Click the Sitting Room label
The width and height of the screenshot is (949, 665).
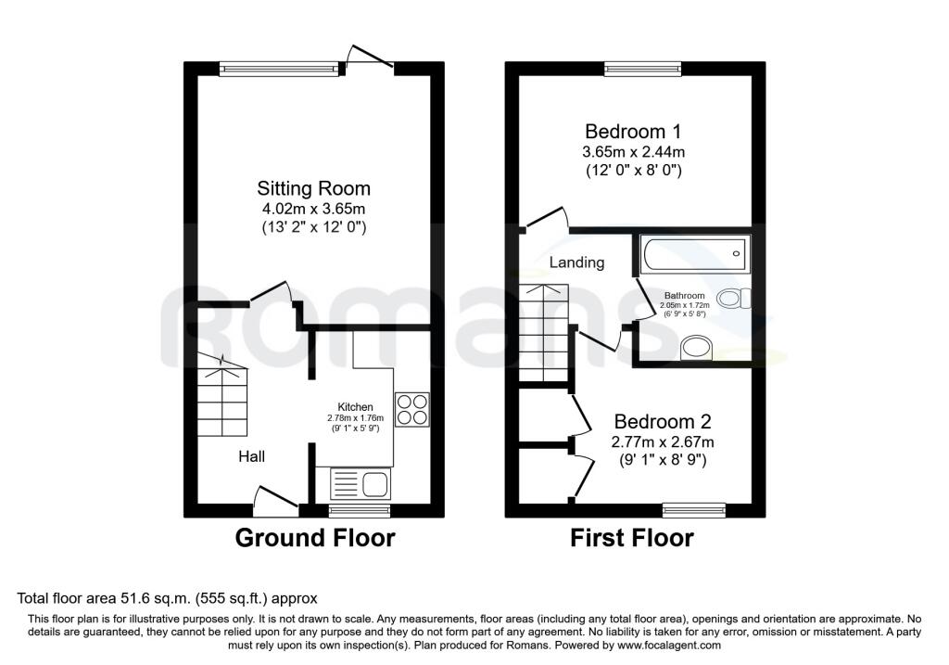coord(301,189)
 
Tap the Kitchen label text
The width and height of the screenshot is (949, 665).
coord(355,407)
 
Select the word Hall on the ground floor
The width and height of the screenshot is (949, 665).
coord(252,456)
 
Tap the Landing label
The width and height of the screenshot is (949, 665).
coord(576,262)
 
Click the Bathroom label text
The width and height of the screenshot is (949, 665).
coord(684,296)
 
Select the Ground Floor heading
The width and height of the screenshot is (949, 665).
coord(314,538)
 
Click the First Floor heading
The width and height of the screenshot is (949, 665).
coord(631,538)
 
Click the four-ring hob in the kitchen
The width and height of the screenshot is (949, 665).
coord(413,409)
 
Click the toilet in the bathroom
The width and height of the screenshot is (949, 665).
coord(736,299)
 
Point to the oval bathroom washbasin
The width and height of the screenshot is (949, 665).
coord(694,349)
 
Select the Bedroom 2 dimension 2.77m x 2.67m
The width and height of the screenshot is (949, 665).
coord(663,441)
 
